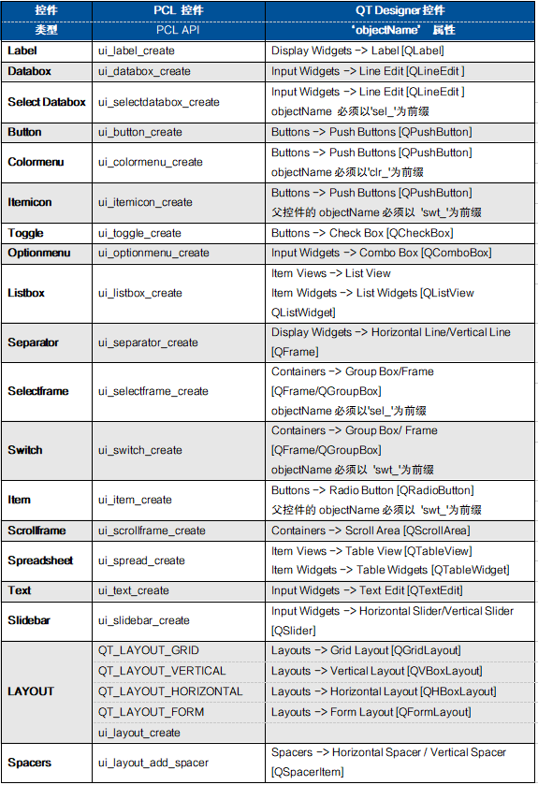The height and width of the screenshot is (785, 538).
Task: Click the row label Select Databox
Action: pos(47,102)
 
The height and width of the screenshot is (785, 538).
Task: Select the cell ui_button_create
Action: pos(140,132)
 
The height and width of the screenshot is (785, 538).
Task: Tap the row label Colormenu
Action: pos(36,162)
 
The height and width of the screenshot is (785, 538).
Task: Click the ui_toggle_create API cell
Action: pos(139,233)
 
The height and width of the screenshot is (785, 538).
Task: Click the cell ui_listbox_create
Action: pos(140,293)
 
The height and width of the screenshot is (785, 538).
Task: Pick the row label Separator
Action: pos(34,342)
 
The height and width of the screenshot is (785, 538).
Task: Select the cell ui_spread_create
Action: pos(141,560)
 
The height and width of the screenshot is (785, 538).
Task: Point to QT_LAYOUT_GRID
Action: pos(149,650)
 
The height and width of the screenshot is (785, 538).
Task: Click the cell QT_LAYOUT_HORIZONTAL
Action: pos(170,691)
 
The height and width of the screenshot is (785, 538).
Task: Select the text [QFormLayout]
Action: pos(433,712)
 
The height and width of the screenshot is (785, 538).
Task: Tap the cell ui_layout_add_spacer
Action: pos(153,763)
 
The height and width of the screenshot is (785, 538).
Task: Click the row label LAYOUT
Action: pos(31,691)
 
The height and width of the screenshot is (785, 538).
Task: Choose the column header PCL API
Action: pos(179,29)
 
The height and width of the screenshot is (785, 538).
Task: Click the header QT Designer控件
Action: pos(400,9)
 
